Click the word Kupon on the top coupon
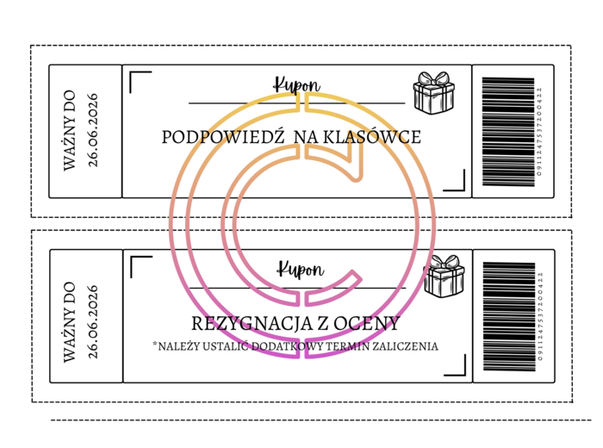coord(297,84)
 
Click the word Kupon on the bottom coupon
coord(301,269)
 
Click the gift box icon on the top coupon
coord(433,92)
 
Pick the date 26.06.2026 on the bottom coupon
coord(93,321)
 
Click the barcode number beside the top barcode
coord(540,131)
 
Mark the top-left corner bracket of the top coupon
coord(138,80)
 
